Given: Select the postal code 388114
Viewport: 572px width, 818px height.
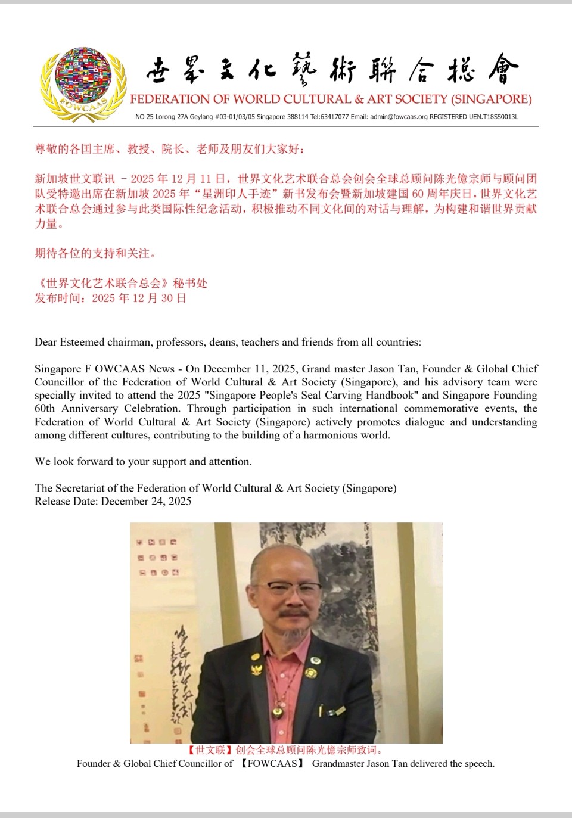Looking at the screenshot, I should [x=297, y=117].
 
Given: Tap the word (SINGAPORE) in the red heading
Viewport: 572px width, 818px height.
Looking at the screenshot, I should [x=491, y=99].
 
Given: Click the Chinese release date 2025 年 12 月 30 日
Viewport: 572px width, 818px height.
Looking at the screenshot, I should [x=139, y=298].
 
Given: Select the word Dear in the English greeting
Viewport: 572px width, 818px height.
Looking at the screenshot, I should [x=46, y=342].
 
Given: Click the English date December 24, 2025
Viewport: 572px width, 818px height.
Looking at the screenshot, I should [x=146, y=501].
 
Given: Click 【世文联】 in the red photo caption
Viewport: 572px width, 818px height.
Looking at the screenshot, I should [x=209, y=750].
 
